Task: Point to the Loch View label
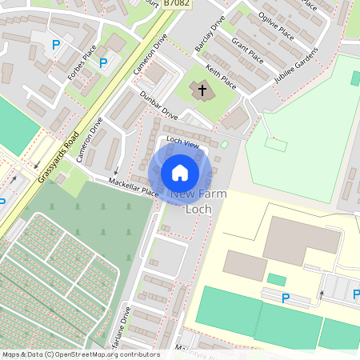point(182,142)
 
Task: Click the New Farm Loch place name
point(198,202)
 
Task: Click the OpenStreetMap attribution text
point(80,354)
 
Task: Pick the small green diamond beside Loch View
point(225,145)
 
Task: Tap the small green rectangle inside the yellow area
point(276,279)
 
